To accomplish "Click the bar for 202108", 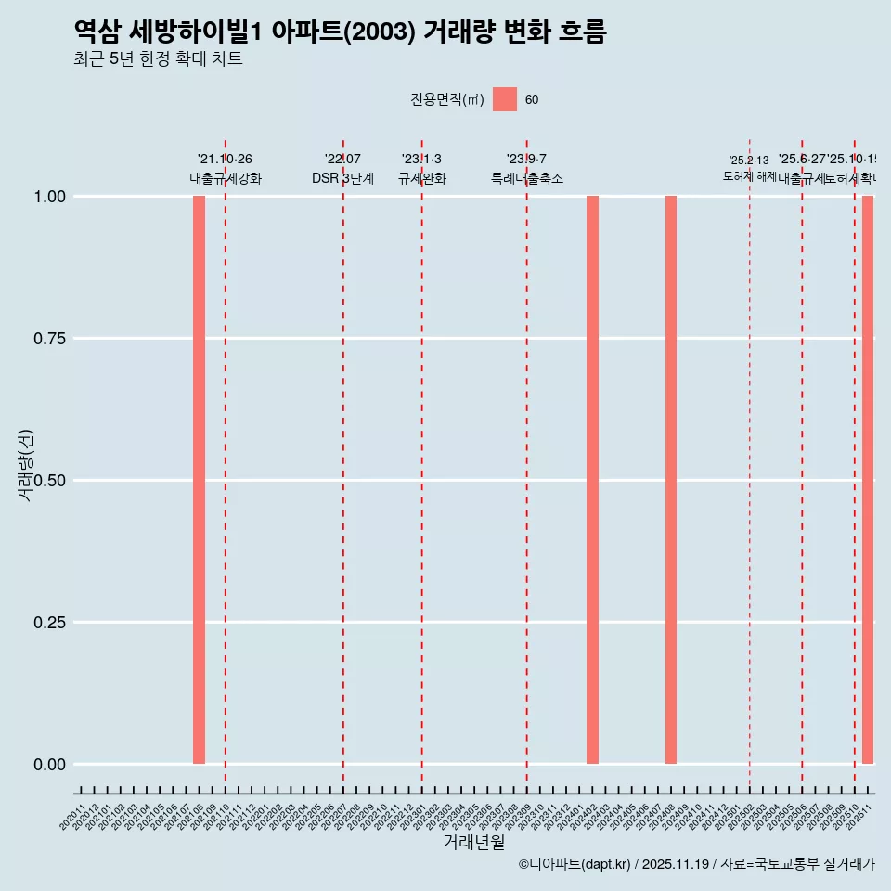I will [199, 480].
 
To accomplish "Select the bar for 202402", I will [592, 480].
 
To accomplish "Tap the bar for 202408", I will [671, 480].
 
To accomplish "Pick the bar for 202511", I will [868, 480].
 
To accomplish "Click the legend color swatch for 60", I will [505, 99].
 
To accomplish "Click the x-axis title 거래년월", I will [473, 843].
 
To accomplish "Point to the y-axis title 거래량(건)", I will [26, 465].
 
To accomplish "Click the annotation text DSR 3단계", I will [342, 178].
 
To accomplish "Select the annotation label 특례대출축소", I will [527, 178].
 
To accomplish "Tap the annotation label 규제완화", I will [422, 178].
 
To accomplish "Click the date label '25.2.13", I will [749, 161].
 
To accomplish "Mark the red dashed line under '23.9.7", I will [527, 464].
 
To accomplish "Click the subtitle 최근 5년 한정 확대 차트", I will [158, 59].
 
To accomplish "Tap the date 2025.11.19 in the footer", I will [675, 864].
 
